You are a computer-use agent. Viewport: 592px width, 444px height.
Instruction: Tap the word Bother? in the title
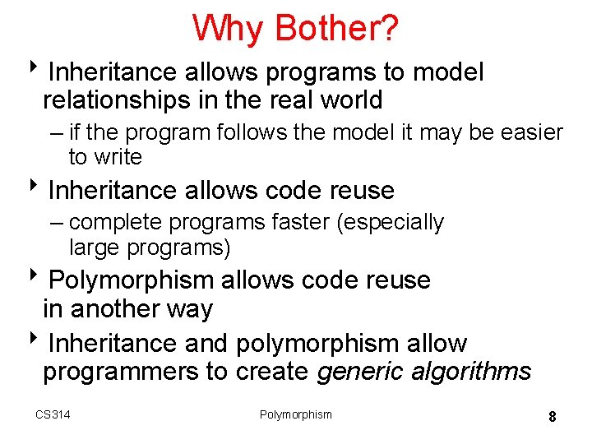coord(337,29)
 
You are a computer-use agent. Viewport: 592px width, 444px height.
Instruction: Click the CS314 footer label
coord(53,414)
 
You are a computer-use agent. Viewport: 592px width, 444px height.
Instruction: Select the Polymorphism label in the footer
coord(296,414)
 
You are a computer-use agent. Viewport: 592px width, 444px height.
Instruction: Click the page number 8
coord(553,417)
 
